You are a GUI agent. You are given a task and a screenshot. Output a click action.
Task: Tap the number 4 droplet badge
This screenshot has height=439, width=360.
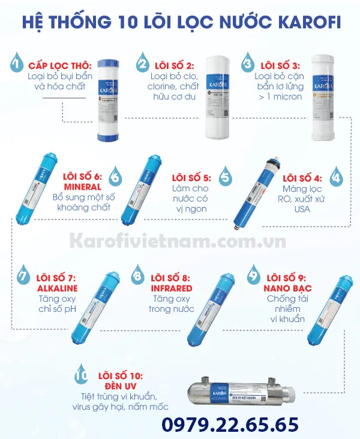[x=335, y=178]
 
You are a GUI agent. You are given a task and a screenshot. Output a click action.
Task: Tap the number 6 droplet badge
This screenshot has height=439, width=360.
[x=116, y=178]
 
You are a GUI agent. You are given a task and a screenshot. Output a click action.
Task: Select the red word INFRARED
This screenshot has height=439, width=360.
[x=172, y=287]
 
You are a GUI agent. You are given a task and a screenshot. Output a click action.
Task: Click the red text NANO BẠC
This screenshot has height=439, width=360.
[x=286, y=287]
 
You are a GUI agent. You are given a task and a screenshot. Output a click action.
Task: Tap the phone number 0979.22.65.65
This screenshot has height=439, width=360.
[x=231, y=424]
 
